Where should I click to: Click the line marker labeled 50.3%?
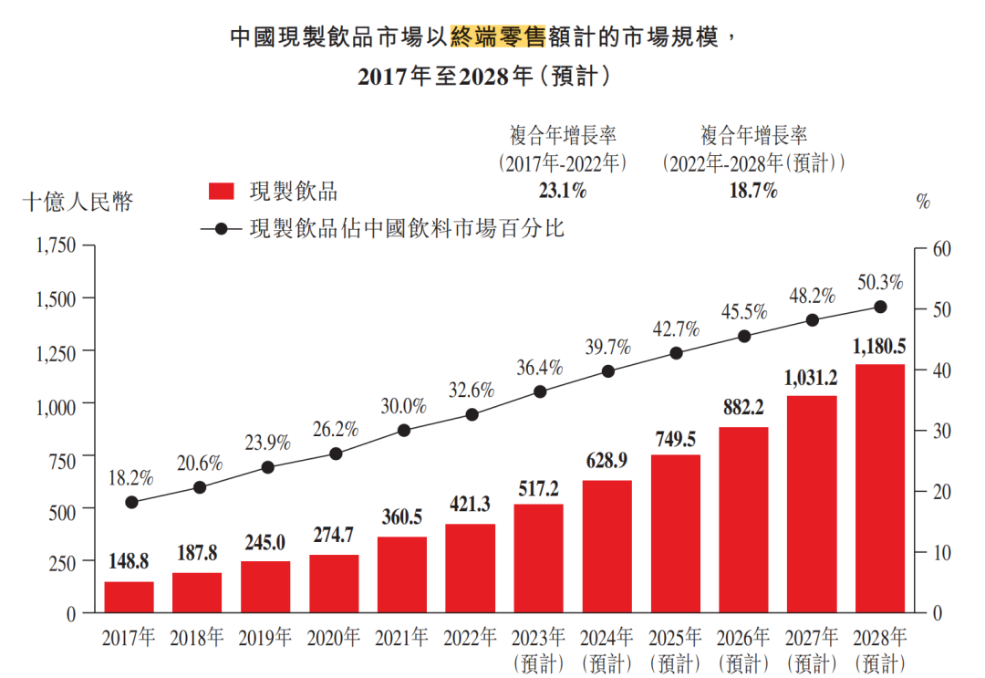click(x=880, y=308)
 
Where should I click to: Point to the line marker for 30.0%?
click(x=404, y=430)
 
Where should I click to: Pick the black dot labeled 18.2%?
click(x=131, y=502)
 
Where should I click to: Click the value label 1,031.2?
click(x=812, y=378)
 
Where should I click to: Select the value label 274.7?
click(x=334, y=537)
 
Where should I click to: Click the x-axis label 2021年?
click(x=402, y=637)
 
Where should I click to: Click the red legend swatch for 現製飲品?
click(x=223, y=191)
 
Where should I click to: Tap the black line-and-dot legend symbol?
click(x=222, y=228)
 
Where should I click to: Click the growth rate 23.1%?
click(x=562, y=191)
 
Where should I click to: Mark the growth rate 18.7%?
click(x=753, y=191)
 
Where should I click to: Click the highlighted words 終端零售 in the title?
click(x=493, y=37)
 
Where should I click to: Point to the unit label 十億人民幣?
click(x=78, y=202)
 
